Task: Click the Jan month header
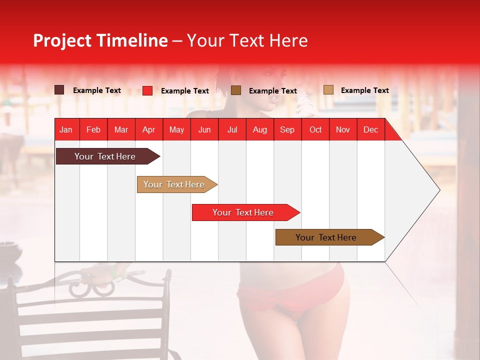(66, 129)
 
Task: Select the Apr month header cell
(149, 129)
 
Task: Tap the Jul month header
(232, 129)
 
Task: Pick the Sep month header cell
(287, 129)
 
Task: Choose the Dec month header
(370, 129)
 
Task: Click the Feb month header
(93, 129)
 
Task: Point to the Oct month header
(315, 129)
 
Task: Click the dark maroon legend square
(59, 90)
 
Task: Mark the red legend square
(147, 90)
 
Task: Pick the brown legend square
(236, 90)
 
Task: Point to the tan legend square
(328, 90)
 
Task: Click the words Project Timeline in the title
(100, 40)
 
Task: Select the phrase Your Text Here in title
(247, 40)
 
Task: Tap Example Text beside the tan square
(364, 90)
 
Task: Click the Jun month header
(204, 129)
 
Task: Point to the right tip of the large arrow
(439, 190)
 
